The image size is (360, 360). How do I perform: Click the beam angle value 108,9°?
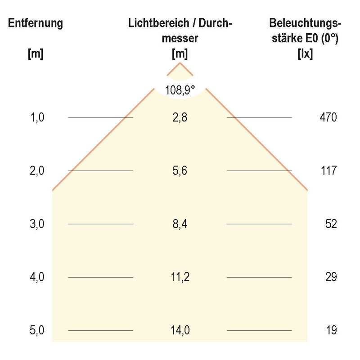(x=180, y=90)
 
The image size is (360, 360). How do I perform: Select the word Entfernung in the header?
(x=35, y=23)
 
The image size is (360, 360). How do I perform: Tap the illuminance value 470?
(x=328, y=118)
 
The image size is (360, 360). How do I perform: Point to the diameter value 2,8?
(x=180, y=118)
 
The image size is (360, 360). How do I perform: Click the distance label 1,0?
(x=37, y=118)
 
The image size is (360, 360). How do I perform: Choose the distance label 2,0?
(x=37, y=171)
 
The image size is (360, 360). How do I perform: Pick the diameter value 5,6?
(x=180, y=171)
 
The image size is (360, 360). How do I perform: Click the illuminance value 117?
(x=328, y=171)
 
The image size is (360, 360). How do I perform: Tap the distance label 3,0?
(x=37, y=224)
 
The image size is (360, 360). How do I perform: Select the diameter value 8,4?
(x=180, y=224)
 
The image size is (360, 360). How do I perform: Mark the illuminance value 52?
(x=331, y=224)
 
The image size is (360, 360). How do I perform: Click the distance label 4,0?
(x=37, y=277)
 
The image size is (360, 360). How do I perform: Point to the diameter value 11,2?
(x=180, y=277)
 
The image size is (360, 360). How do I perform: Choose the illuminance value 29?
(x=331, y=277)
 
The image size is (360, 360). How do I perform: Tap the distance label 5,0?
(x=37, y=330)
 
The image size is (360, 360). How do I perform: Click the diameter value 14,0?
(x=180, y=330)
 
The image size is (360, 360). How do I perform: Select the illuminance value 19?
(x=331, y=330)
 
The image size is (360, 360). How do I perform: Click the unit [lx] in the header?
(x=306, y=54)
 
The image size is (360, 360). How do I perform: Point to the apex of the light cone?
(x=180, y=63)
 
